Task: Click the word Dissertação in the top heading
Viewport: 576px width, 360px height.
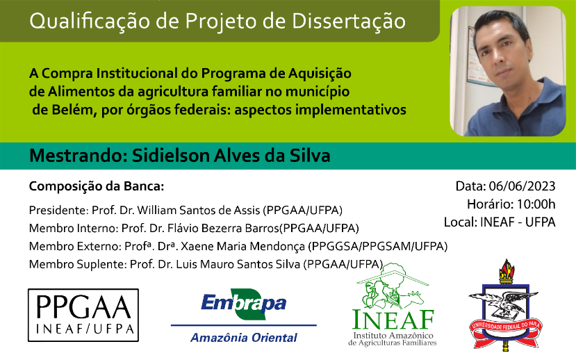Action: click(x=349, y=22)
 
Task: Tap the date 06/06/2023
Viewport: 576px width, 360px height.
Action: click(x=522, y=186)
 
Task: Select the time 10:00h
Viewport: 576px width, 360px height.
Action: click(x=536, y=204)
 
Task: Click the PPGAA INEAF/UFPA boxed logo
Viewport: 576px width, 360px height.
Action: click(x=83, y=316)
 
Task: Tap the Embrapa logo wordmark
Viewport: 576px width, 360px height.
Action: click(x=244, y=304)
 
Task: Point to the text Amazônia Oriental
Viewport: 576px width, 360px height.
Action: click(x=244, y=338)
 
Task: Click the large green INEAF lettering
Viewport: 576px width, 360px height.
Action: click(x=393, y=319)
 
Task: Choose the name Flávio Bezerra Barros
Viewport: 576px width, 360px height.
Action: click(x=223, y=229)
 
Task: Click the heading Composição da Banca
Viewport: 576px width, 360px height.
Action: click(x=97, y=187)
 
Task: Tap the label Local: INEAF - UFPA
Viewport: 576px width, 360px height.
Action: click(x=500, y=222)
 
